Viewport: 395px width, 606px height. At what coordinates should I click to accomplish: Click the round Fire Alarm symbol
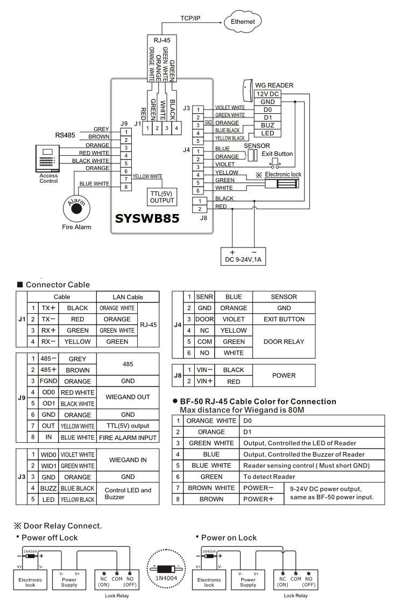pos(75,205)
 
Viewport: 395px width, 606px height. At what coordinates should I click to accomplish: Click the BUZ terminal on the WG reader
pos(267,125)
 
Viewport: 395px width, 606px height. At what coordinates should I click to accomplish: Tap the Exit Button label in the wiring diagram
pos(277,154)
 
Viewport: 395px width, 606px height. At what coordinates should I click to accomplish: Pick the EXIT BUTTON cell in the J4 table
pos(284,319)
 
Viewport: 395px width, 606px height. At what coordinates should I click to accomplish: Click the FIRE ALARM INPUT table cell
pos(128,438)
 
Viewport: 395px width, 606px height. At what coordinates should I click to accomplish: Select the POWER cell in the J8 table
pos(284,376)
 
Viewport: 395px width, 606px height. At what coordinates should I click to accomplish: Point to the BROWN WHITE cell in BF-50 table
pos(211,487)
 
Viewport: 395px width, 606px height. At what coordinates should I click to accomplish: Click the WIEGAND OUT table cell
pos(128,398)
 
